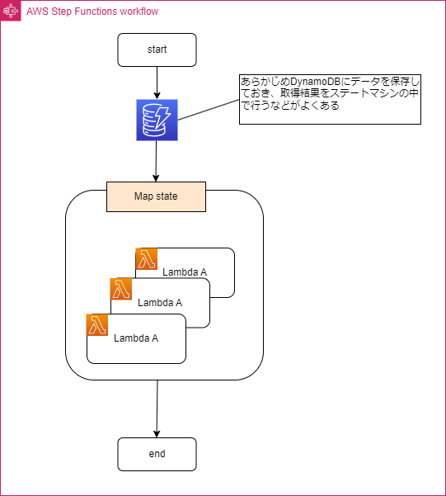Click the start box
point(157,50)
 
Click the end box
point(157,454)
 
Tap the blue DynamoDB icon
point(157,120)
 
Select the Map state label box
point(156,196)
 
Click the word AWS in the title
point(36,12)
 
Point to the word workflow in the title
point(136,12)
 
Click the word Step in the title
point(59,12)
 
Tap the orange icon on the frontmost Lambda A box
point(97,324)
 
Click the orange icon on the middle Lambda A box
point(121,289)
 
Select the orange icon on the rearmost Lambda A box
point(147,259)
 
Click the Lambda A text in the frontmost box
point(136,338)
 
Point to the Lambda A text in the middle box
point(160,302)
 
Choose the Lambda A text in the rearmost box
point(185,272)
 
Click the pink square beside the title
point(11,12)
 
